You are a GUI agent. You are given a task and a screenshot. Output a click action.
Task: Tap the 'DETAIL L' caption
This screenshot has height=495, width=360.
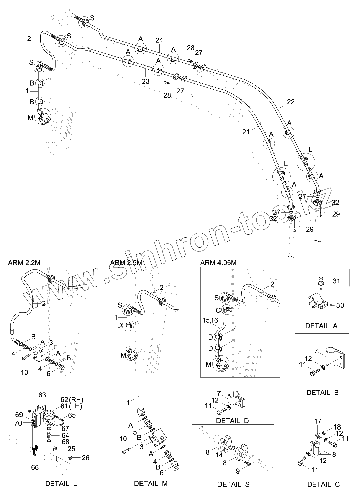coord(61,484)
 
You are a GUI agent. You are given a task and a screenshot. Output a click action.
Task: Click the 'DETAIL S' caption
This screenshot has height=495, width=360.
coord(233,484)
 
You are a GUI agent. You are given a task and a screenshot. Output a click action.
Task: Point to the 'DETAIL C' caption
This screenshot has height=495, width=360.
coord(323,484)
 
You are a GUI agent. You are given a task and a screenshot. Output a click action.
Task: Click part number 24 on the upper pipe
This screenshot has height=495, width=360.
coord(159,40)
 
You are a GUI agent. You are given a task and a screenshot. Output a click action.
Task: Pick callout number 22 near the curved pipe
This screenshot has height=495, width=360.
coord(291,102)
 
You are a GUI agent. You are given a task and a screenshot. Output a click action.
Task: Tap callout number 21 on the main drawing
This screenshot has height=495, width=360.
coord(246,132)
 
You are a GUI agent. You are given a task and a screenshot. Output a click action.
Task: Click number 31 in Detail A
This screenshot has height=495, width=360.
coord(336,281)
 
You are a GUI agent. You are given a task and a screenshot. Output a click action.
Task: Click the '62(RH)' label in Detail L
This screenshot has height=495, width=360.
coord(72,400)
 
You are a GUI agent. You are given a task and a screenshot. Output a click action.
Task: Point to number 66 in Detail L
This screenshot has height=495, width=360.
coord(35,467)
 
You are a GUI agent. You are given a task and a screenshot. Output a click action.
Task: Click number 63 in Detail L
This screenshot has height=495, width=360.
coord(42,395)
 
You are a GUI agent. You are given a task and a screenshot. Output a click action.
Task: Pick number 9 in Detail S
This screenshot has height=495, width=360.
coord(238,471)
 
